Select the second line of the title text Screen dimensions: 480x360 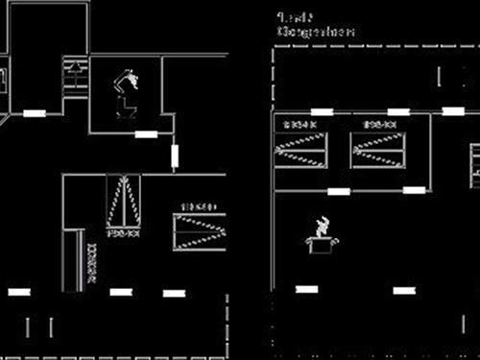click(x=316, y=32)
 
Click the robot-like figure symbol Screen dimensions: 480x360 click(x=126, y=91)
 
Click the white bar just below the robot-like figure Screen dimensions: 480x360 click(x=146, y=133)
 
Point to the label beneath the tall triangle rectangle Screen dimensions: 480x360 click(x=123, y=233)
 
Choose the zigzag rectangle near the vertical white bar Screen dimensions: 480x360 click(x=200, y=231)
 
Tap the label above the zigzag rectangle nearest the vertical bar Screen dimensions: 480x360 click(x=200, y=206)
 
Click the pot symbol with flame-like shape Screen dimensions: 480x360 click(x=323, y=237)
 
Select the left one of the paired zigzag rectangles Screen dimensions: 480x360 click(x=300, y=150)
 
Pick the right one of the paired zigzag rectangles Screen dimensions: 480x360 click(x=377, y=150)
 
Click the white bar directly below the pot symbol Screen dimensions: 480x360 click(x=306, y=288)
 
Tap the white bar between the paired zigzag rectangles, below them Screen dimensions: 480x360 click(x=339, y=191)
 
